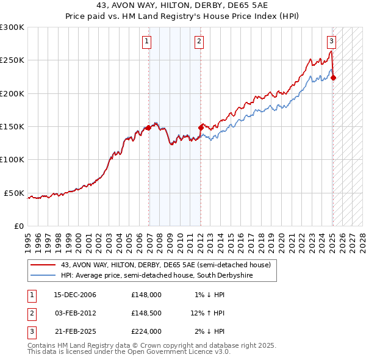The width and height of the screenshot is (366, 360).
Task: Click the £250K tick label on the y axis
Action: [x=12, y=60]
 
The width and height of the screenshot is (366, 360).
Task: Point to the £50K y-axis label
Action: [x=14, y=193]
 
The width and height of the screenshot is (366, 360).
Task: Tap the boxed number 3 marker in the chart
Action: [x=331, y=41]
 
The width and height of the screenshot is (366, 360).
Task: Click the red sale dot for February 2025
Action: [x=334, y=77]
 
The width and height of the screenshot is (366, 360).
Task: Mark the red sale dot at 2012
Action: [x=201, y=128]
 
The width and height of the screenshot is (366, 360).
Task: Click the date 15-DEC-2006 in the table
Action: [x=75, y=295]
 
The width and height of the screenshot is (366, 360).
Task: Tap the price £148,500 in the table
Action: [x=146, y=313]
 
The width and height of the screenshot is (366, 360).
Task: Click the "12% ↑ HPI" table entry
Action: [x=207, y=313]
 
